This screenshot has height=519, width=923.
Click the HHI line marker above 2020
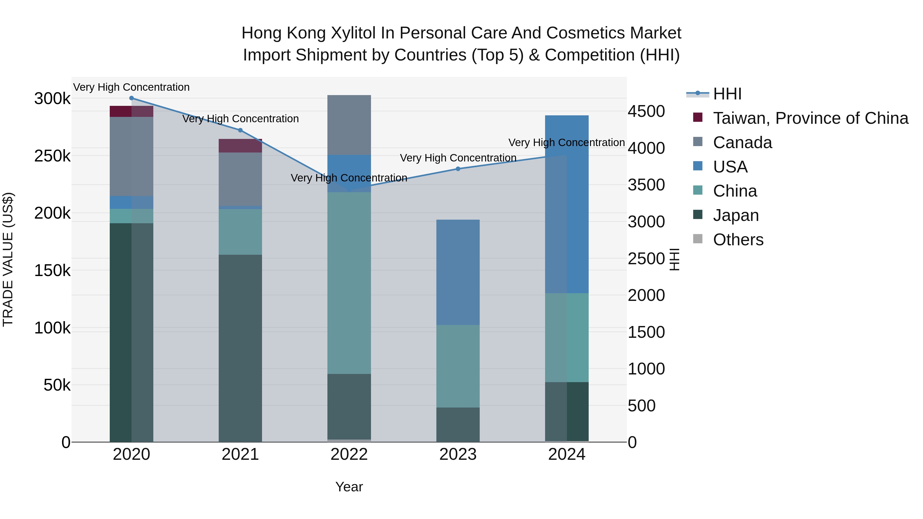132,98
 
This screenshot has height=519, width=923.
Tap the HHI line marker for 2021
240,130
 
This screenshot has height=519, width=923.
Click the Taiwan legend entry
810,118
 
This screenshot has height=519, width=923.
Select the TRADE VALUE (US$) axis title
8,259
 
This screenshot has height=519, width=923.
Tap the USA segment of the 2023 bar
458,272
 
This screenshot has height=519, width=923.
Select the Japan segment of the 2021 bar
240,348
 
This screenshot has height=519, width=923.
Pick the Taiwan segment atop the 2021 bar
240,146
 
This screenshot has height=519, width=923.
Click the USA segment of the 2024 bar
567,204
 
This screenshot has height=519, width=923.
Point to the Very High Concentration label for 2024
566,143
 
